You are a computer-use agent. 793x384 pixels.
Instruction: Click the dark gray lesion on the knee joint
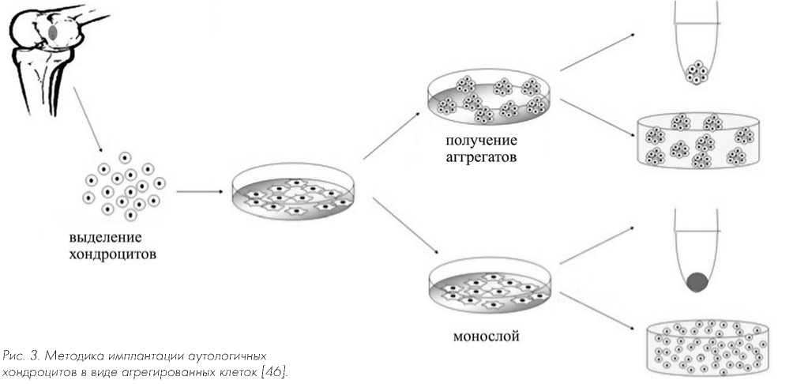tap(54, 33)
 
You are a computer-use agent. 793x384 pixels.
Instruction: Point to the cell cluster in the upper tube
tap(696, 73)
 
